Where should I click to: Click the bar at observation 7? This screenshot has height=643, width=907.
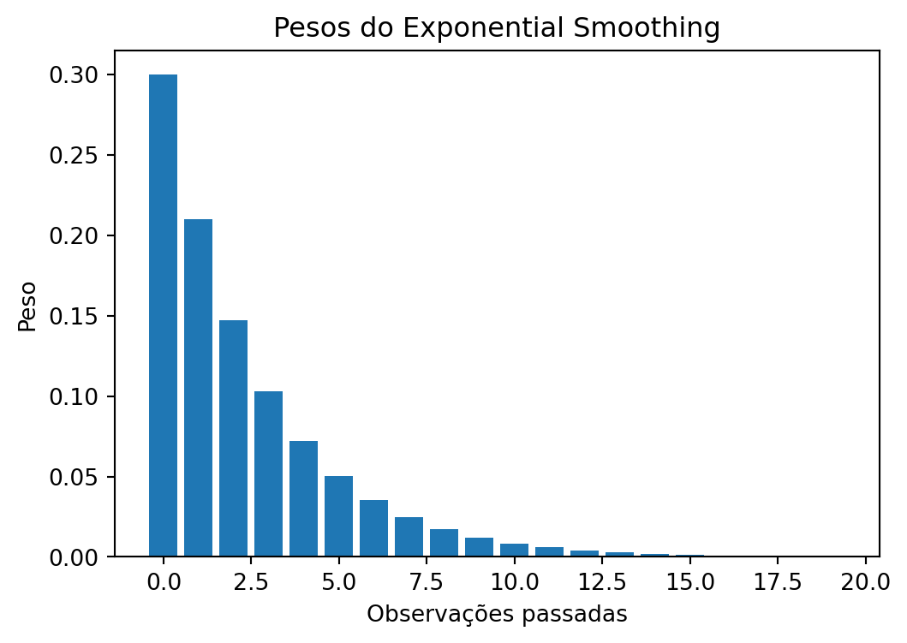pos(409,537)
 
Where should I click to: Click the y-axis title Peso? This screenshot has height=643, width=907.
pos(27,306)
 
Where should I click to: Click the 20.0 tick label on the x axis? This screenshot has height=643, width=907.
pos(865,582)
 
